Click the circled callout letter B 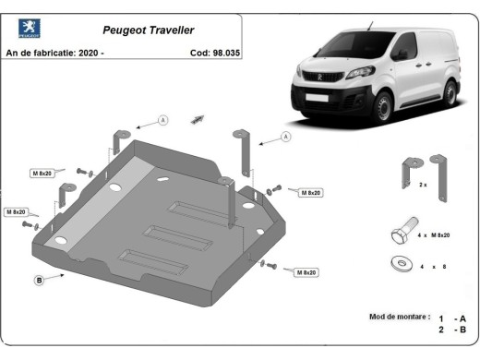39,279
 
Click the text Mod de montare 399,317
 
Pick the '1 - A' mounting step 452,317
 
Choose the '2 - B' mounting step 452,330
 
